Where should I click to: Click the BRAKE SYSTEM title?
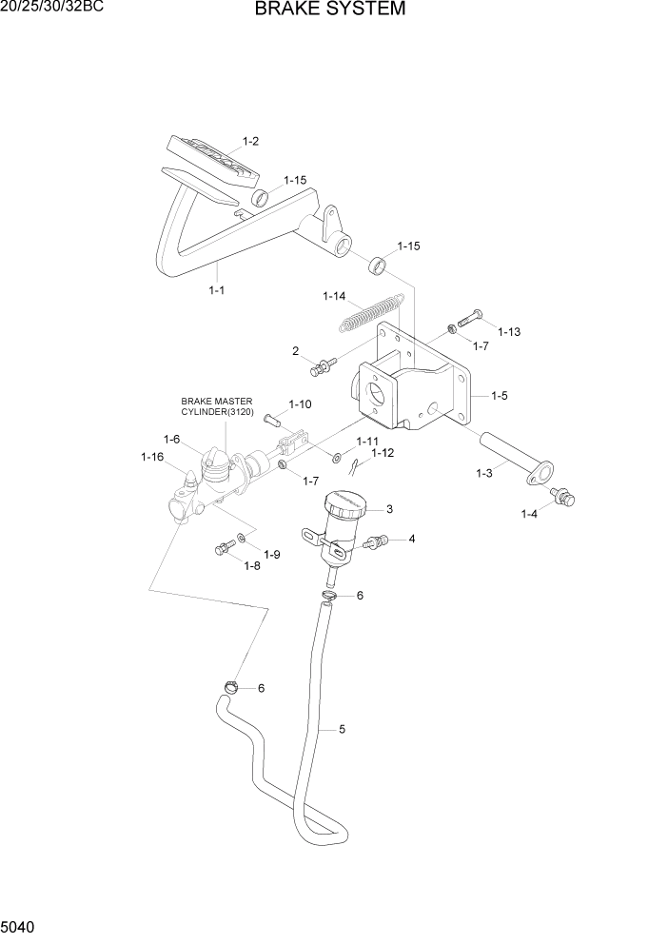pyautogui.click(x=330, y=10)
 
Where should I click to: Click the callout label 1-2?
pyautogui.click(x=250, y=141)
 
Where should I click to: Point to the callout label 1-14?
pyautogui.click(x=333, y=297)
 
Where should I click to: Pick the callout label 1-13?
pyautogui.click(x=508, y=332)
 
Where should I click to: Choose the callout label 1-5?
pyautogui.click(x=501, y=394)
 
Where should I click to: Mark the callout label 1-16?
pyautogui.click(x=152, y=458)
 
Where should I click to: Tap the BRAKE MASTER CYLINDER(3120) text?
pyautogui.click(x=217, y=407)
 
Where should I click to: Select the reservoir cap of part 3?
pyautogui.click(x=344, y=503)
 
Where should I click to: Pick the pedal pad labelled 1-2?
pyautogui.click(x=213, y=159)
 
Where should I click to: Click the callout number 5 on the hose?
pyautogui.click(x=342, y=730)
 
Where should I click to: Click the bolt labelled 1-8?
pyautogui.click(x=225, y=548)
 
